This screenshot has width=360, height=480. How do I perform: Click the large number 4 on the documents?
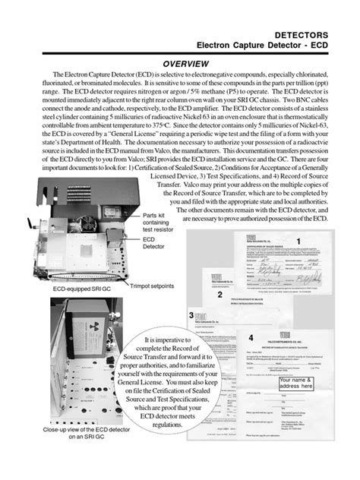pyautogui.click(x=251, y=335)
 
